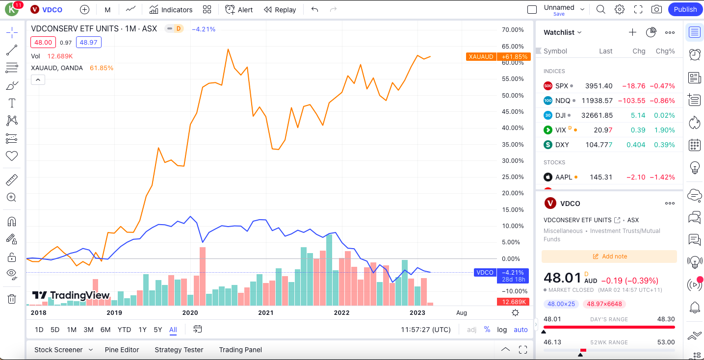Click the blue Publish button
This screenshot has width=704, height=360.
[685, 9]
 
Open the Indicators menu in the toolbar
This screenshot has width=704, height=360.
[171, 10]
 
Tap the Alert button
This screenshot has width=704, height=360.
[239, 10]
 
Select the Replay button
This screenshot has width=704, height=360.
[280, 10]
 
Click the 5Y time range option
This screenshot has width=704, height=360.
[157, 330]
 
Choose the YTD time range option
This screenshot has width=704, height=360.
[124, 330]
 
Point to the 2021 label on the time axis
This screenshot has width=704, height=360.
[265, 312]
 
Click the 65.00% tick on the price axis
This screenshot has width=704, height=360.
[513, 46]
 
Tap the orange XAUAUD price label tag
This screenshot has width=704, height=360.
[481, 57]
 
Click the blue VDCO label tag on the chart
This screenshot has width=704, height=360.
[485, 273]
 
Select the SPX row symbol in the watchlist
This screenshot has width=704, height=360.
[561, 86]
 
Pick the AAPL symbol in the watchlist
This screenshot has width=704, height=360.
[564, 177]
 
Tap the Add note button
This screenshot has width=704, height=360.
[609, 257]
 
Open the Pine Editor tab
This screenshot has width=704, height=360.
[122, 350]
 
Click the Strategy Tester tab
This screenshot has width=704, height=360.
[179, 350]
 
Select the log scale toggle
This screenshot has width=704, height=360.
[502, 330]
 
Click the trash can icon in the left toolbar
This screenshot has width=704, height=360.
[12, 299]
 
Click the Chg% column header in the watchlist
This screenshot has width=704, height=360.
[665, 51]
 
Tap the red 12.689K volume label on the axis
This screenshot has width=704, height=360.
[513, 302]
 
